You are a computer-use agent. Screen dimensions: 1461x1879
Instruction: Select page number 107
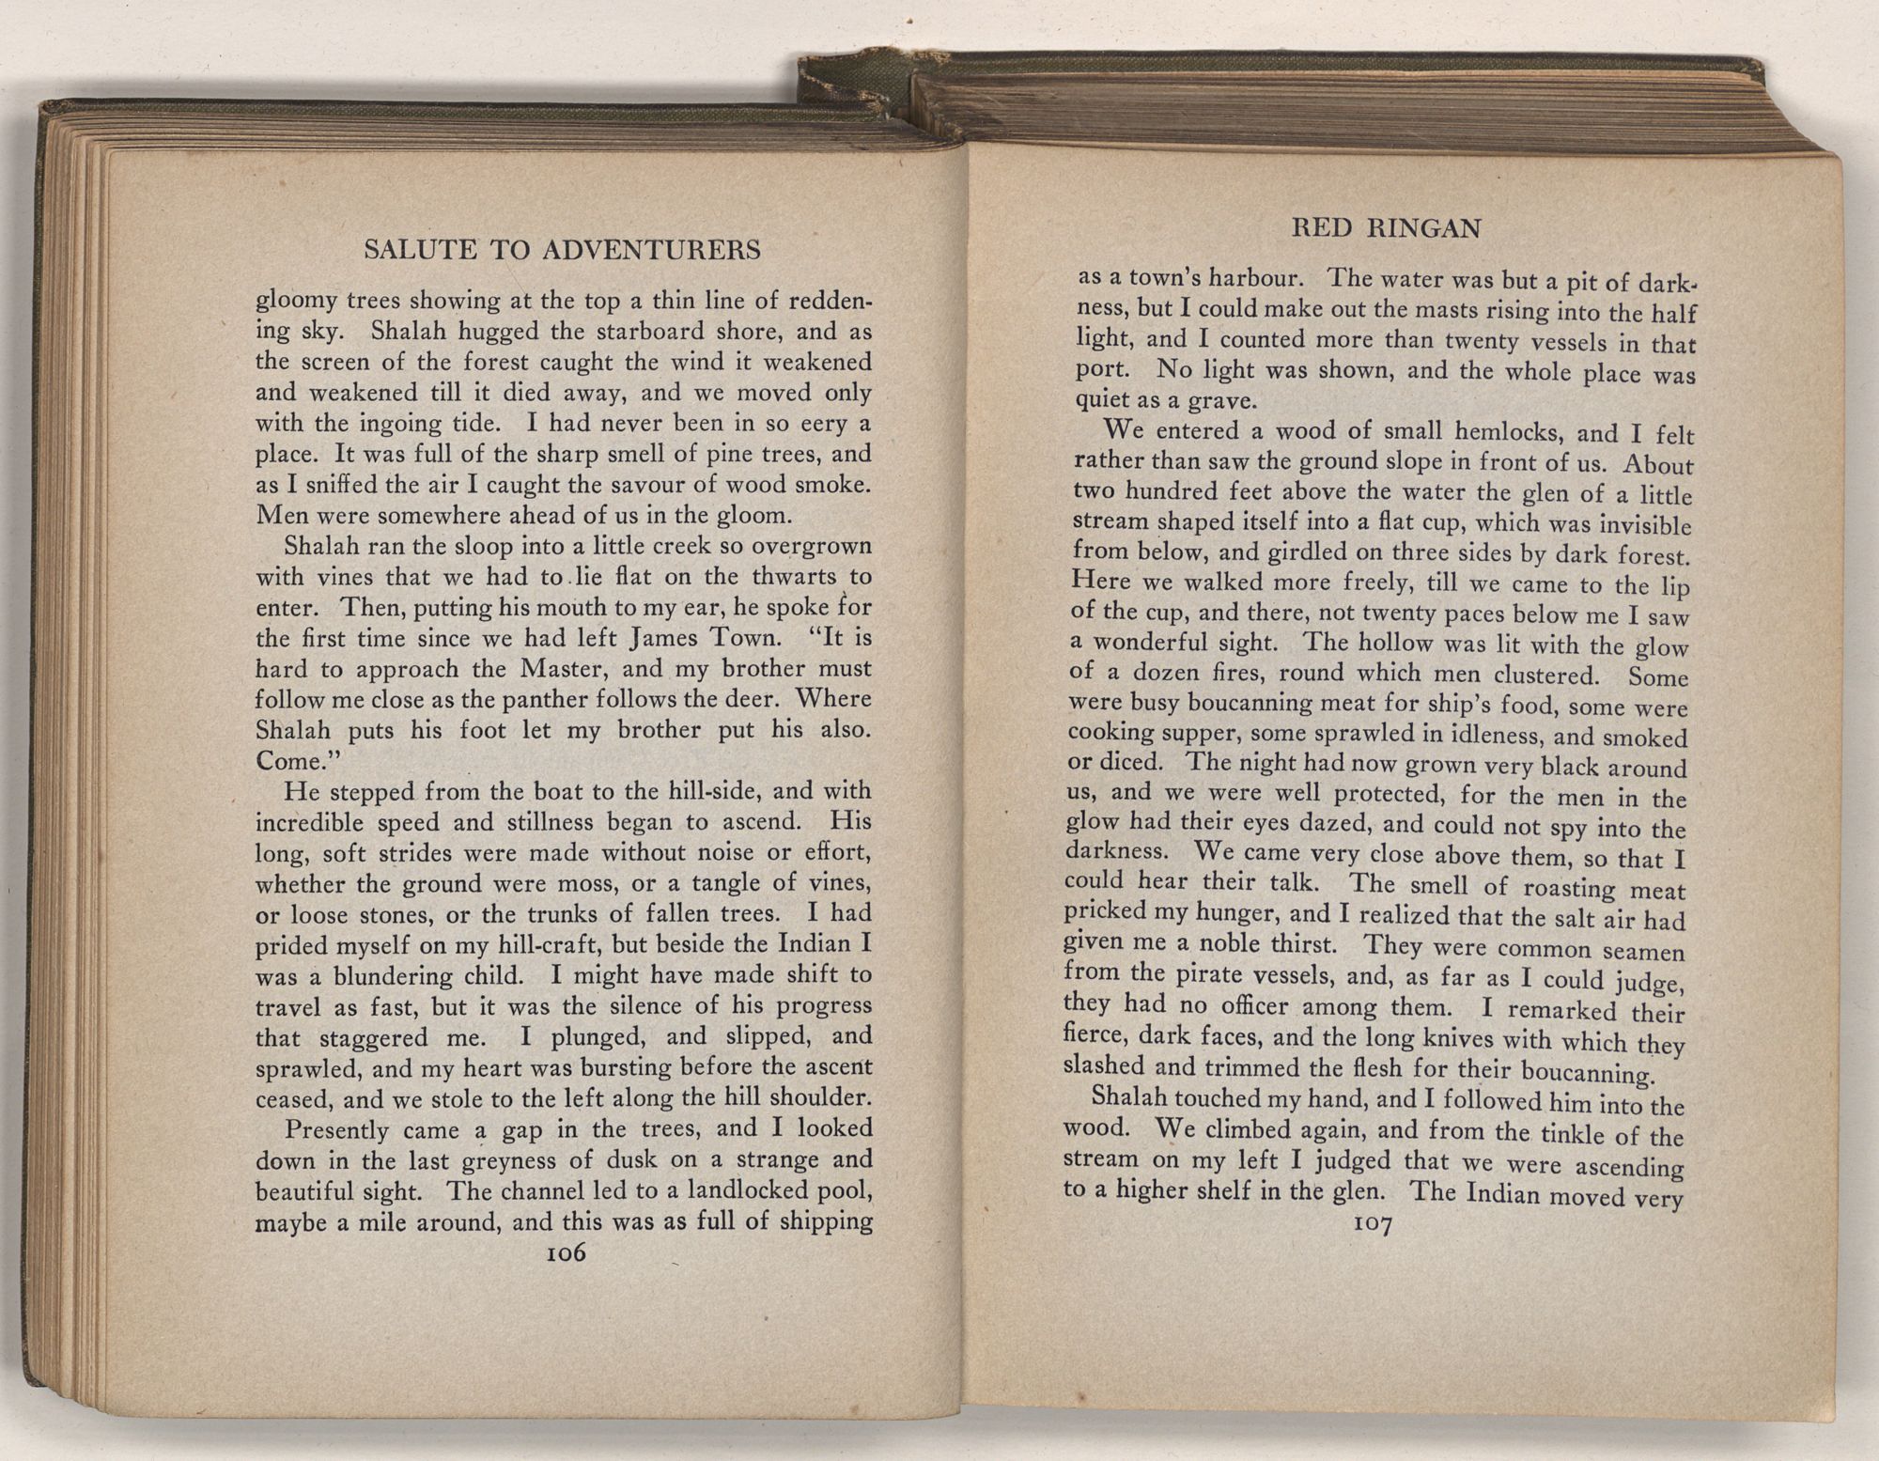[1374, 1223]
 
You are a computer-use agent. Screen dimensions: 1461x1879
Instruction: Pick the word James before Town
[662, 639]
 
